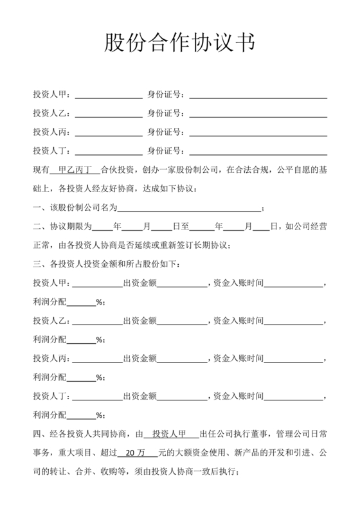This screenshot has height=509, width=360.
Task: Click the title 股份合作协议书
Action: [180, 44]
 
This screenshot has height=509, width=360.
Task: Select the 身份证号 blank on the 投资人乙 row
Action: [258, 114]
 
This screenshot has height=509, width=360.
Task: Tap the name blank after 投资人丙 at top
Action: [109, 133]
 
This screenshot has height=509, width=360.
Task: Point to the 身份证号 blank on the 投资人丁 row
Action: [258, 152]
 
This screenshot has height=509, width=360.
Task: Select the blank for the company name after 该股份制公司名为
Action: [190, 208]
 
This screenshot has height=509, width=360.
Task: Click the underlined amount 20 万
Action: [136, 452]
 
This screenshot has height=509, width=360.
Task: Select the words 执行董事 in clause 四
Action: [254, 434]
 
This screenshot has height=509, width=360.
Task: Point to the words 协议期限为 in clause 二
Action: [71, 226]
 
